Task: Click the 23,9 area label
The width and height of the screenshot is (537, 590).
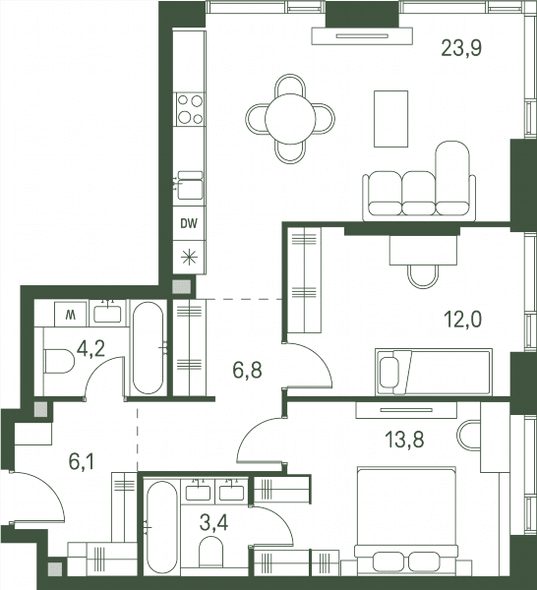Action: point(461,48)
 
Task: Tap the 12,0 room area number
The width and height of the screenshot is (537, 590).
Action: point(462,320)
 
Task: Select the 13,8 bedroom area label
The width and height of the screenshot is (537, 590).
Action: point(404,440)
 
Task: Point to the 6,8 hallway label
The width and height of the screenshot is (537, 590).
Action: point(247,371)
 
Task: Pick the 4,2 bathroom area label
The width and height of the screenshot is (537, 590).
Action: point(90,349)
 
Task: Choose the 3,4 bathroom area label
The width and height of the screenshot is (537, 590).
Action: point(213,523)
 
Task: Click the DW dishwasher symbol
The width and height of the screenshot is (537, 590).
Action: point(189,224)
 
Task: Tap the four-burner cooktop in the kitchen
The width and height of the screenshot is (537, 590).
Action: point(191,109)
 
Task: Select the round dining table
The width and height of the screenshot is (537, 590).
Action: point(290,119)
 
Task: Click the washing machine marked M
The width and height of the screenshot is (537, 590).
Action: point(71,315)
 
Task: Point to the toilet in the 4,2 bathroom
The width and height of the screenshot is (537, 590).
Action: point(59,361)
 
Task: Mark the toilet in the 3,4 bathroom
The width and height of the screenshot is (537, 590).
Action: point(210,551)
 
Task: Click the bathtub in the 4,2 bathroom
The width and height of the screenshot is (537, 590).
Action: point(149,348)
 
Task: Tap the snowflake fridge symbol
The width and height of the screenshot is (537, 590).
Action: point(189,258)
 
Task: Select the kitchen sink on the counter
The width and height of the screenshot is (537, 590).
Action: point(190,185)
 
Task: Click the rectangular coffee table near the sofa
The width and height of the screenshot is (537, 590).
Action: point(391,119)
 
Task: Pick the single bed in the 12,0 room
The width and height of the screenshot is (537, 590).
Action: point(434,373)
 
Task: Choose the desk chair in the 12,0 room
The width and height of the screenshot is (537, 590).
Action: point(423,276)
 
